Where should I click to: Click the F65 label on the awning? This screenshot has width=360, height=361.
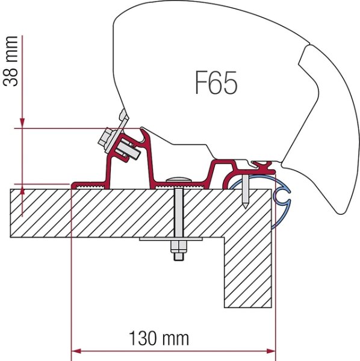(x=216, y=84)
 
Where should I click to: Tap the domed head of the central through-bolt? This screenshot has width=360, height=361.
(x=178, y=179)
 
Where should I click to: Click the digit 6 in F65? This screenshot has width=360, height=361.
(x=216, y=84)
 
